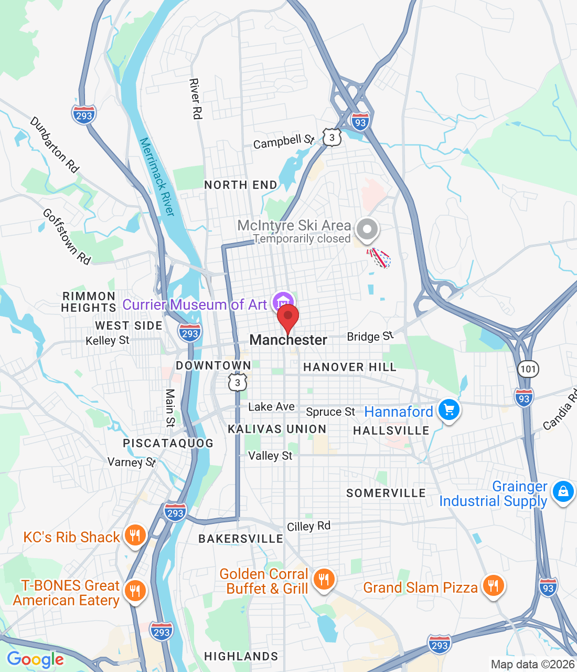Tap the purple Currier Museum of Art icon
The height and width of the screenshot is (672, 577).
[283, 302]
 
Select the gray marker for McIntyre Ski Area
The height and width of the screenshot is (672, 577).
[367, 229]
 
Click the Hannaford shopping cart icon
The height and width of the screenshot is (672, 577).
[449, 410]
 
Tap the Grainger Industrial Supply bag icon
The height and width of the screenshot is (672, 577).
[563, 492]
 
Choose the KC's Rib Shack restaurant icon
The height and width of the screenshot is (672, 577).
[135, 535]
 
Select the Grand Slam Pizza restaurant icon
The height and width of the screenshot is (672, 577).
[493, 585]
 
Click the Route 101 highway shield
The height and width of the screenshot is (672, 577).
[528, 369]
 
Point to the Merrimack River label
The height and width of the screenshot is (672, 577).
[157, 176]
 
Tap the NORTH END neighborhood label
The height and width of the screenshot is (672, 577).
[241, 185]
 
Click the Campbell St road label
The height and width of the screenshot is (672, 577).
[283, 141]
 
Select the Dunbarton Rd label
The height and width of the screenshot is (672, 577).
[55, 145]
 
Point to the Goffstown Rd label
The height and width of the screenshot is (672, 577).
[67, 236]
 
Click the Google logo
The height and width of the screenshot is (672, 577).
[36, 659]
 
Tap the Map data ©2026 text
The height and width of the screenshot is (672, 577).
[532, 664]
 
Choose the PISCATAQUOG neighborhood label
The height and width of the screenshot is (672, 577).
[168, 443]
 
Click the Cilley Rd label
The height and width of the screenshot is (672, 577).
[308, 526]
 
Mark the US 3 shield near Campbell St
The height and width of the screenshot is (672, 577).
[332, 138]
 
